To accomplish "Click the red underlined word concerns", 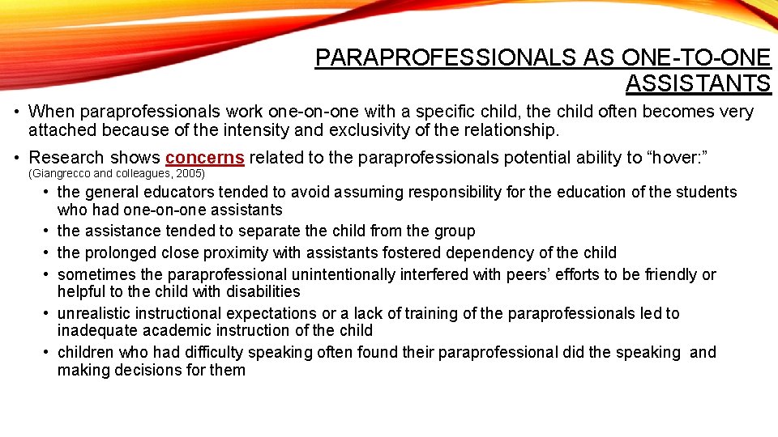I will (204, 158).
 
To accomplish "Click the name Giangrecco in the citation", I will (61, 174).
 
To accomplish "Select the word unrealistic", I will (94, 313).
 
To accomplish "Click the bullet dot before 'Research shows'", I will (16, 158).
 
